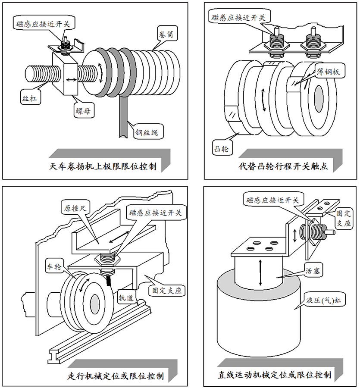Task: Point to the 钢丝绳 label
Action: [x=146, y=132]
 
